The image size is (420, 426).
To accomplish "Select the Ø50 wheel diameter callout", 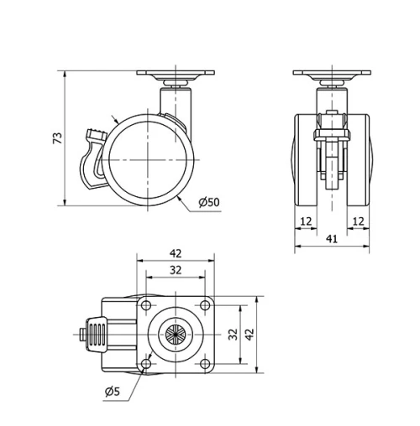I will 208,202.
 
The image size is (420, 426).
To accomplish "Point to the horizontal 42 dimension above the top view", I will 175,252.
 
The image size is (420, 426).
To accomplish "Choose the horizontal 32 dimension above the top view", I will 175,270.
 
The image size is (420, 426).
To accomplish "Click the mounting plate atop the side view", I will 177,74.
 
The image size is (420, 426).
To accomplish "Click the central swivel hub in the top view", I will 175,333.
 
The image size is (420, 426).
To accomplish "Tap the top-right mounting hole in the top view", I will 205,304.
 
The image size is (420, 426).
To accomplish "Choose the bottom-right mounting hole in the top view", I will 205,362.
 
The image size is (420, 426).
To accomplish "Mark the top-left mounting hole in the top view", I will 146,304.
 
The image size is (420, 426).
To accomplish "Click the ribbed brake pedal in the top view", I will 97,333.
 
